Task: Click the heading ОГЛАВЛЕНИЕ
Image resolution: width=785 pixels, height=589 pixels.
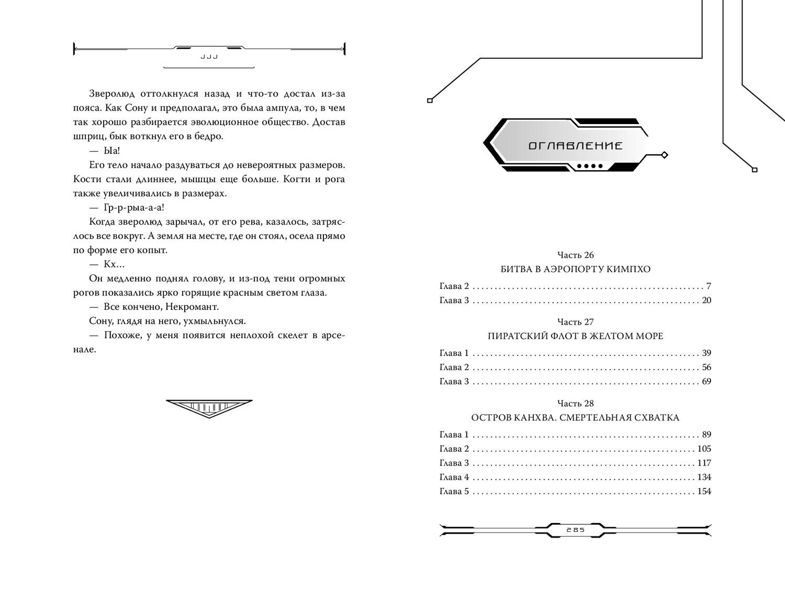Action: [575, 146]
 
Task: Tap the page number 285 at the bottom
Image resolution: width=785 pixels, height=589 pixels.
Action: [575, 529]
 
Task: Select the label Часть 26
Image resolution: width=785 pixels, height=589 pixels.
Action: [575, 255]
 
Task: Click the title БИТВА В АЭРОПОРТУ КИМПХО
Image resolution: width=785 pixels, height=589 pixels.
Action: [575, 269]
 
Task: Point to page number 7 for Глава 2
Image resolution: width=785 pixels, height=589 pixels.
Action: [709, 286]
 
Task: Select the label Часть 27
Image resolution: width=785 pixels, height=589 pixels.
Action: [575, 322]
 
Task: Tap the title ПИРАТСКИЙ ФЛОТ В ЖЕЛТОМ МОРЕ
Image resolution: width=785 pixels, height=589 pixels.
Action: [575, 336]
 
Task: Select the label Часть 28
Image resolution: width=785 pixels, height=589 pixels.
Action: [575, 404]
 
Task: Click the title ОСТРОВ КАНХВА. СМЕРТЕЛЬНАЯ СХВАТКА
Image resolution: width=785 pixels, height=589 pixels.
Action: [575, 418]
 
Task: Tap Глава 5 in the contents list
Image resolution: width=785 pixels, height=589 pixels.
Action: [454, 492]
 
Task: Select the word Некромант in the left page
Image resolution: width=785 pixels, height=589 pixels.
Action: [194, 307]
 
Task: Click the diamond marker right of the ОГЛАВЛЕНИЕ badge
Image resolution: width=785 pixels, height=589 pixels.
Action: [664, 155]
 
